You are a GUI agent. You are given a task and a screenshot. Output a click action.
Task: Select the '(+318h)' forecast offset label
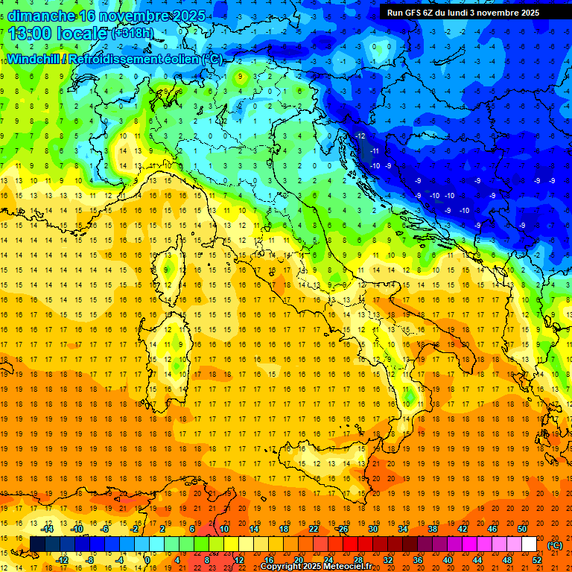point(134,34)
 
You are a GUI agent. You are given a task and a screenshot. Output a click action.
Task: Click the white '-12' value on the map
point(360,136)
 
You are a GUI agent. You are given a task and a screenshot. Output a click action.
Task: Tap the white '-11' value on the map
point(375,151)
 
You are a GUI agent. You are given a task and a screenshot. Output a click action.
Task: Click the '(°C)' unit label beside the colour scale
point(555,545)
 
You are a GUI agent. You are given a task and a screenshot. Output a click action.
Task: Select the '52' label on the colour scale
point(537,559)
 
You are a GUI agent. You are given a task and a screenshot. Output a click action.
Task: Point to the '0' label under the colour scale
point(147,559)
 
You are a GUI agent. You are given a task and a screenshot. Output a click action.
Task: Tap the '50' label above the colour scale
point(522,529)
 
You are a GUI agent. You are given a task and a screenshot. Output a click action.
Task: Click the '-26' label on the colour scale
point(343,529)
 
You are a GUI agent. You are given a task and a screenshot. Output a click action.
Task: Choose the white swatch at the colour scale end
point(529,544)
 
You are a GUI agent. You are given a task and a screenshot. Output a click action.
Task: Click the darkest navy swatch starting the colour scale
point(37,544)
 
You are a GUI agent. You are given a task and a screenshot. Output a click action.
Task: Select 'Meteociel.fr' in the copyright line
point(343,567)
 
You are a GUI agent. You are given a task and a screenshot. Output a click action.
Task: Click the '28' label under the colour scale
point(357,559)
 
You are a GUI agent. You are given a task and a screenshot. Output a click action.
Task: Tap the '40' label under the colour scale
point(447,559)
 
